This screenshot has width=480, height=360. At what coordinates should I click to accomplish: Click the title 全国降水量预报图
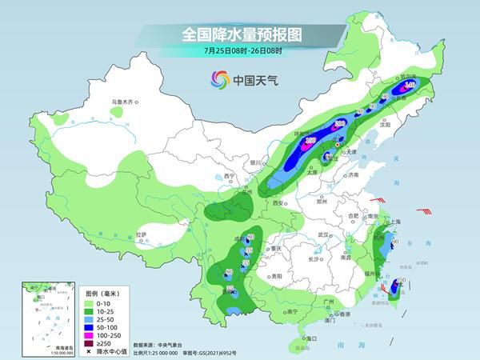pyautogui.click(x=239, y=34)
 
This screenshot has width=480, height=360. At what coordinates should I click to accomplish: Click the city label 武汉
pyautogui.click(x=323, y=234)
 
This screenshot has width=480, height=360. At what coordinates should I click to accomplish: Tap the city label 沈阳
pyautogui.click(x=386, y=125)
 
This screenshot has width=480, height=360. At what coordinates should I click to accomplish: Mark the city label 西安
pyautogui.click(x=279, y=204)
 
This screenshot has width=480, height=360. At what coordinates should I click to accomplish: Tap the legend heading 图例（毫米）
pyautogui.click(x=98, y=293)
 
